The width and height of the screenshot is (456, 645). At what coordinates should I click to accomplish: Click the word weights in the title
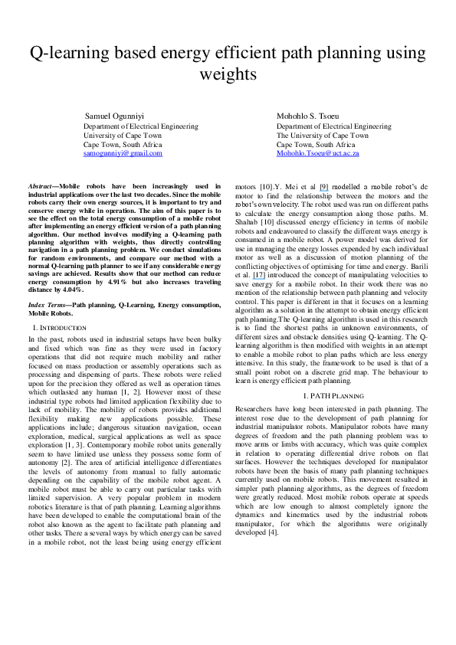click(228, 74)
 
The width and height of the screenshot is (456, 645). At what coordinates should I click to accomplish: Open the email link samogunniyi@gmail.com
click(123, 153)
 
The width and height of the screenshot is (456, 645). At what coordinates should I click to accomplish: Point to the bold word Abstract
click(42, 186)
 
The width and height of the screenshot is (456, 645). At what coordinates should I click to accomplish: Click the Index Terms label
click(48, 305)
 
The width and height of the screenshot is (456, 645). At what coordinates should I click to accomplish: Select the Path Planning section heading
click(333, 395)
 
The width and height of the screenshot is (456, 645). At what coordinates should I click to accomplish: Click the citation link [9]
click(324, 186)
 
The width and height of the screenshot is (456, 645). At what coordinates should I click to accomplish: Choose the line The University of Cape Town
click(324, 135)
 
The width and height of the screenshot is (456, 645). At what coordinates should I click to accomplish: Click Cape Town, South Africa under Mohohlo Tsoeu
click(316, 144)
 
